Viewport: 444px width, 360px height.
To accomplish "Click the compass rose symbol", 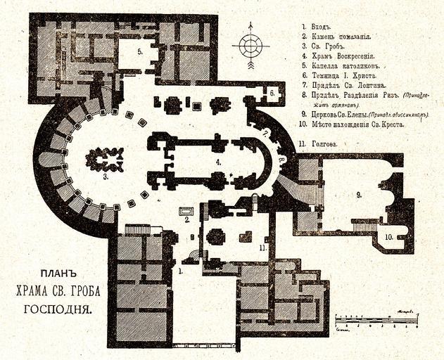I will (x=250, y=45).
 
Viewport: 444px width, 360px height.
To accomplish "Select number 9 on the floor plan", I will (x=358, y=193).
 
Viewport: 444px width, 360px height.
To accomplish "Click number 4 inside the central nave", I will (x=219, y=162).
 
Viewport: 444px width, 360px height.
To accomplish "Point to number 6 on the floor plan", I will (x=272, y=93).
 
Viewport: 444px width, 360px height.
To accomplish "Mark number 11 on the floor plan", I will (x=262, y=247).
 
